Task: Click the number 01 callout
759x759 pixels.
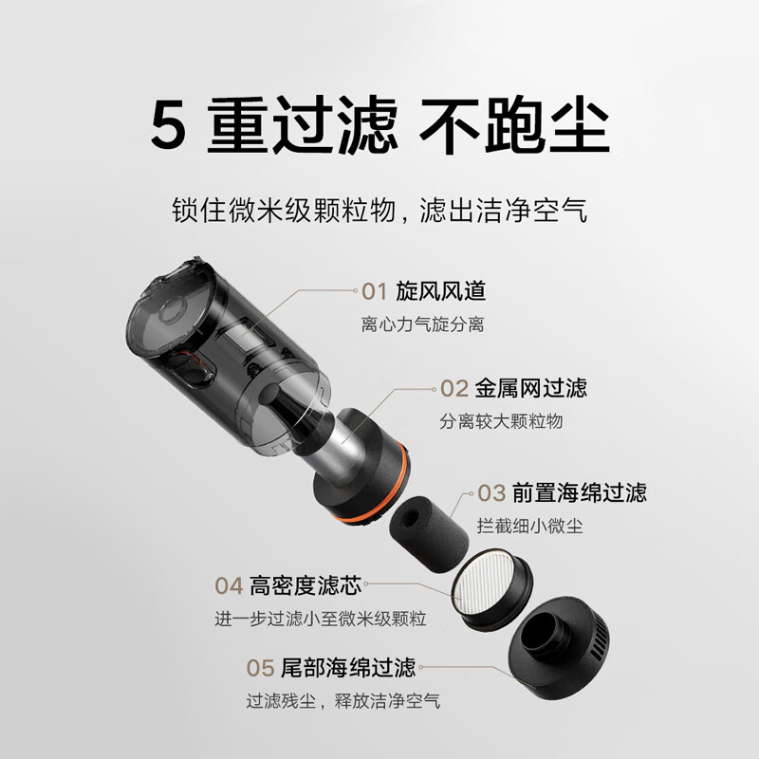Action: tap(375, 291)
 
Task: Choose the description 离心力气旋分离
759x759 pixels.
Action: tap(422, 324)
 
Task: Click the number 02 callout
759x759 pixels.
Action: tap(454, 388)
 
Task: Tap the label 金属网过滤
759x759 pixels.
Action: tap(531, 388)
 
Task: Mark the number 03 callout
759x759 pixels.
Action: tap(491, 492)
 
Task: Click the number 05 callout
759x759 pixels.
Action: tap(261, 668)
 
